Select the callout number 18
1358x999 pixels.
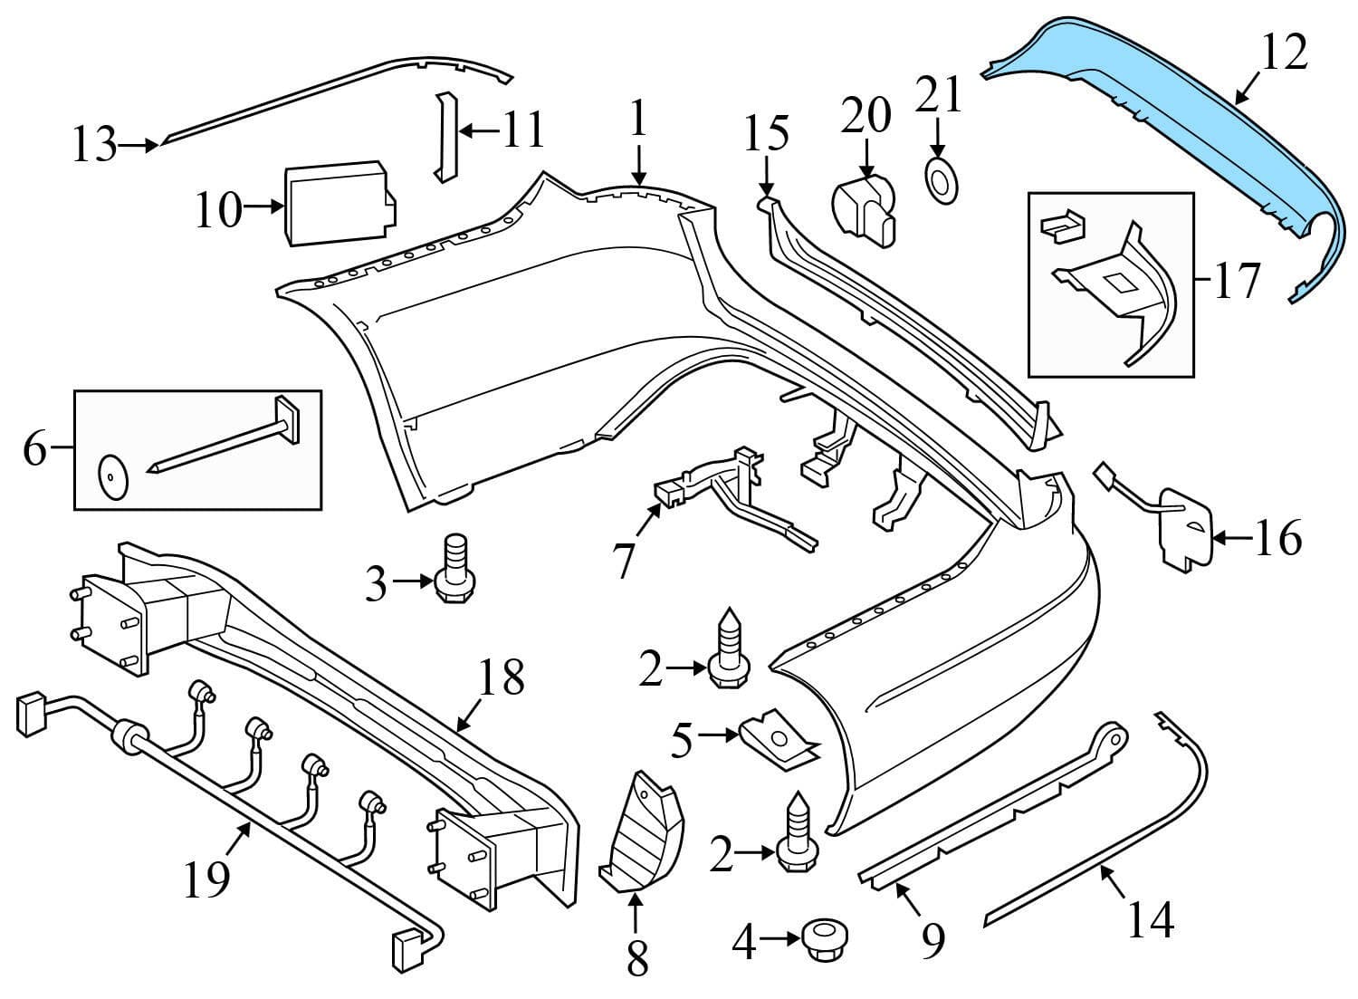(x=501, y=676)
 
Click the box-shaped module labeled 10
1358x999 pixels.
(x=337, y=203)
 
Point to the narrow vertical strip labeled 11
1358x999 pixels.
(x=445, y=136)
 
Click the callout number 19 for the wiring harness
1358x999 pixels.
(x=206, y=877)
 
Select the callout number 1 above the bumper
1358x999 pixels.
(x=639, y=119)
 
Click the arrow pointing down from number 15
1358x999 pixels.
(x=767, y=176)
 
